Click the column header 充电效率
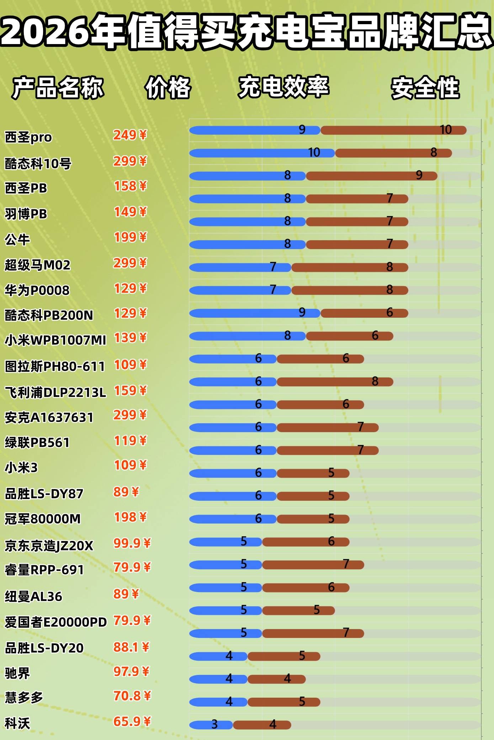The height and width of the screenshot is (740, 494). point(283,87)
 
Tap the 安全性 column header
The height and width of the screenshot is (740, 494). point(425,88)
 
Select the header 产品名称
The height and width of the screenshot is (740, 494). point(58,88)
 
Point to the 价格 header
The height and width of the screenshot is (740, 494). point(168,88)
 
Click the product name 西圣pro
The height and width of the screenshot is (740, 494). point(28,137)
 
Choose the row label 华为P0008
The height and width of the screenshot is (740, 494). point(37,290)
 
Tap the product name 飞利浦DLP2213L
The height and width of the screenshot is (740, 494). point(55,392)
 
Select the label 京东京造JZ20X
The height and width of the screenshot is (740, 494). point(49,545)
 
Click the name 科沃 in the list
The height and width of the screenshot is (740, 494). point(17,723)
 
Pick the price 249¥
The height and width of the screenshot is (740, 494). point(130,135)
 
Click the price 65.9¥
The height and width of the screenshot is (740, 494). point(132,722)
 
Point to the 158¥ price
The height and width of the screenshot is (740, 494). point(130,186)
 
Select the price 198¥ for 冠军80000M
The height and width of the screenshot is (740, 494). point(130,517)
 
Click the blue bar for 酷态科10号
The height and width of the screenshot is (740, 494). point(261,153)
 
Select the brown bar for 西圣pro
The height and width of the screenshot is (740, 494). point(393,130)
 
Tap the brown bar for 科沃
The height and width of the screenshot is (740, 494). point(262,725)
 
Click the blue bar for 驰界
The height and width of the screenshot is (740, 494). point(218,679)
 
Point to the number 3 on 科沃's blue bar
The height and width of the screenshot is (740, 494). point(214,724)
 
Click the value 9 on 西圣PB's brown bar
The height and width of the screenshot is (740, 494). point(419,175)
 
